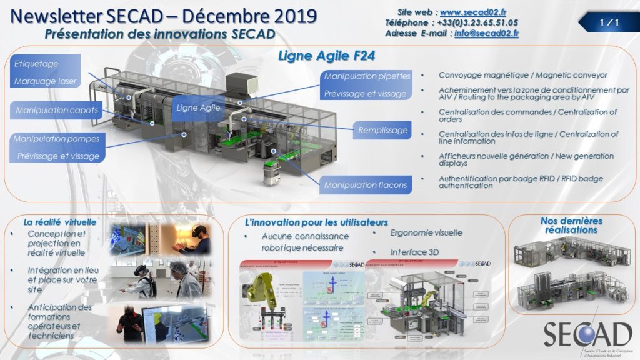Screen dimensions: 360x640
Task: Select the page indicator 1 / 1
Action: click(608, 23)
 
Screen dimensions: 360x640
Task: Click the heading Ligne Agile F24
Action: click(326, 56)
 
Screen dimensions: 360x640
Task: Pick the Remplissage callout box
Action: click(383, 131)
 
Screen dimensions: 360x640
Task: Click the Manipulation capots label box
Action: click(57, 111)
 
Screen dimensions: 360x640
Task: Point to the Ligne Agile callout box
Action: click(198, 107)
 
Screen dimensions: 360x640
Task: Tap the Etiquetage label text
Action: click(37, 64)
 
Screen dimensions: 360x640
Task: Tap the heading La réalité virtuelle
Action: click(59, 222)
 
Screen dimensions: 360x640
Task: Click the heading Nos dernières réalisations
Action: click(571, 225)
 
